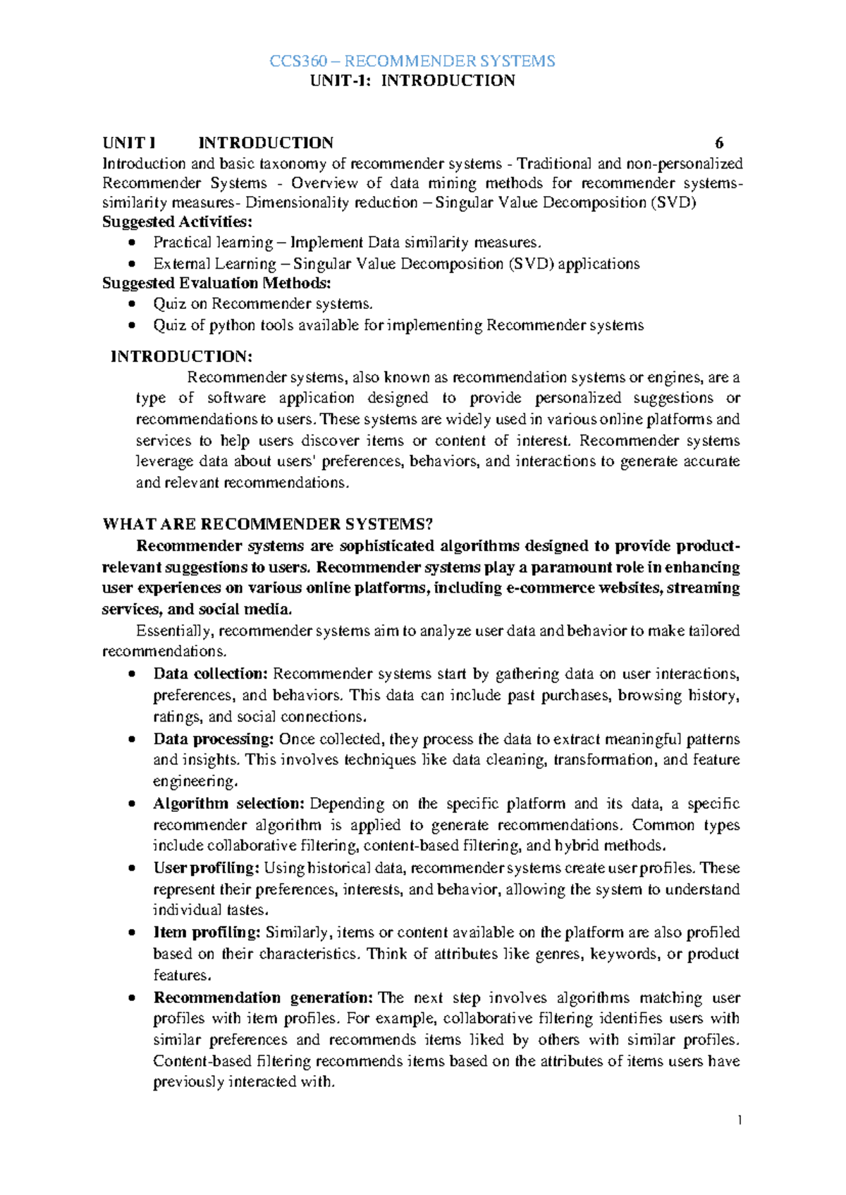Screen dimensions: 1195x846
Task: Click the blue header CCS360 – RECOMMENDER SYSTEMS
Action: coord(412,61)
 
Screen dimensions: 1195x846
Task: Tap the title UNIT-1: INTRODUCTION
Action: coord(412,80)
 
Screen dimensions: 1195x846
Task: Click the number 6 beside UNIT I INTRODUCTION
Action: coord(719,143)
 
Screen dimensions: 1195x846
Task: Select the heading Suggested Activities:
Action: coord(177,222)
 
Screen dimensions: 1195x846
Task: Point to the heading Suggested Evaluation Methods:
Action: coord(216,284)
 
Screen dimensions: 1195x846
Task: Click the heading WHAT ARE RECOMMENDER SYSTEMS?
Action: coord(267,524)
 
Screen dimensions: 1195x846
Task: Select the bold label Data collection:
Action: coord(211,674)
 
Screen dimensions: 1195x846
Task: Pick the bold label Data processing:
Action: coord(214,739)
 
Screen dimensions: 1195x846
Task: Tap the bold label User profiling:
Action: coord(207,868)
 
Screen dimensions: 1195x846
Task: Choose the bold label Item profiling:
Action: coord(207,933)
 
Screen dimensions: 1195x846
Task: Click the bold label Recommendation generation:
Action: coord(263,998)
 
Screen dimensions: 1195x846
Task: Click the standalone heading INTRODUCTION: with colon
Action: coord(181,357)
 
